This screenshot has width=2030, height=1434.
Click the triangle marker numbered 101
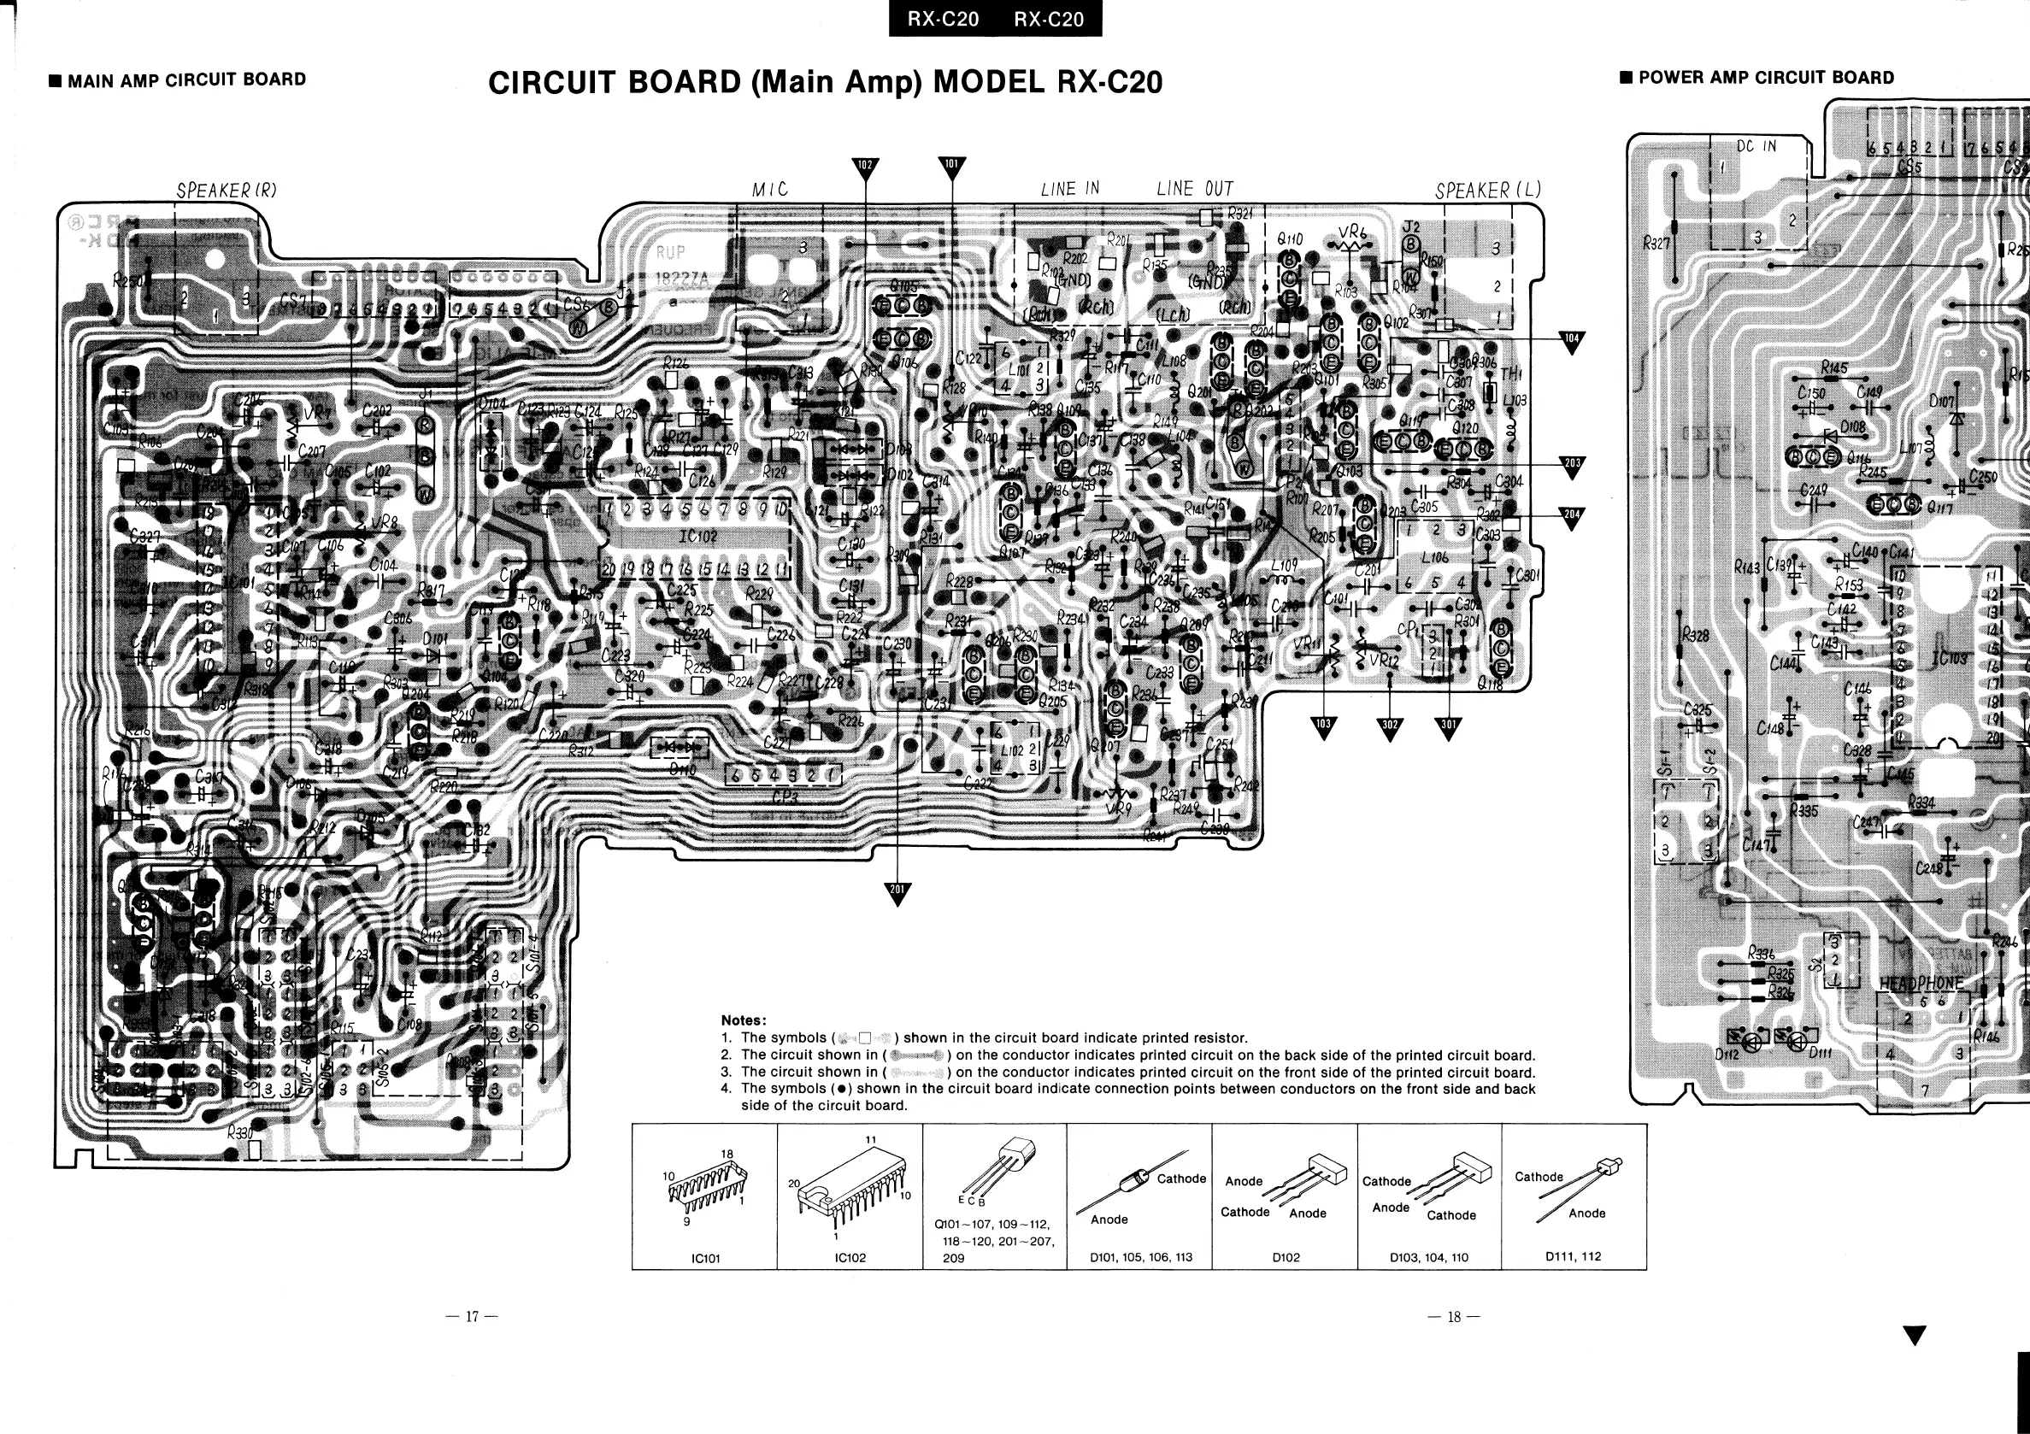tap(950, 166)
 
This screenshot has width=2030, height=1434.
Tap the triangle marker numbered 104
tap(1571, 341)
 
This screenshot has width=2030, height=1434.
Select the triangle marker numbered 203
tap(1571, 466)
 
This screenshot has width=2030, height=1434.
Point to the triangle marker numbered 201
tap(897, 892)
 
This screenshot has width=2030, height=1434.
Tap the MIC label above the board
tap(769, 189)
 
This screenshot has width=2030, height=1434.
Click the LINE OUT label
tap(1193, 188)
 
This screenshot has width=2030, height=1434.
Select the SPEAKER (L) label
tap(1487, 190)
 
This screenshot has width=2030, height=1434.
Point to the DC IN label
tap(1756, 147)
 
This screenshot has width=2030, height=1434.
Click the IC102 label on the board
tap(697, 537)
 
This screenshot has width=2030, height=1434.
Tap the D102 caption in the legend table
tap(1285, 1256)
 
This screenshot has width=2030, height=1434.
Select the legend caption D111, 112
tap(1573, 1255)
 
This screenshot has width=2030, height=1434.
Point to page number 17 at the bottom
tap(472, 1316)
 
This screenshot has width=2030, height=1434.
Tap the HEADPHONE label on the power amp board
tap(1921, 984)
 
